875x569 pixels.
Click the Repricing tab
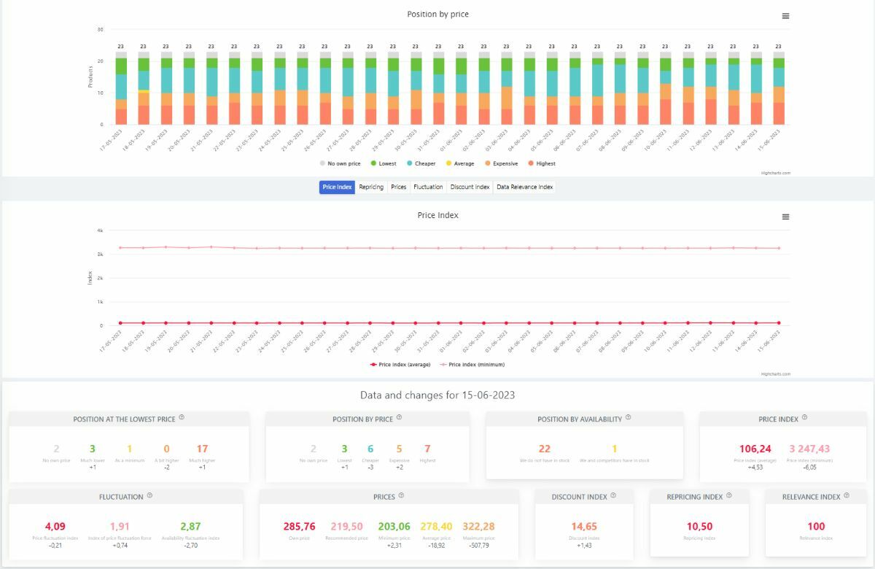pos(371,187)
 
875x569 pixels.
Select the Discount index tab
pos(470,187)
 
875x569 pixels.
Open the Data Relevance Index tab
pos(524,187)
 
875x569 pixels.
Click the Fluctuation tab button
pos(428,187)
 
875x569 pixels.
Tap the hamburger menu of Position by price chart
pos(785,16)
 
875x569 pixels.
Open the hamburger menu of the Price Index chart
pos(785,217)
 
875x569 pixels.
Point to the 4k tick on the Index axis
pos(100,231)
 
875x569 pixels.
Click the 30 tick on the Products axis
pos(100,30)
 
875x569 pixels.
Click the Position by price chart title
pos(438,14)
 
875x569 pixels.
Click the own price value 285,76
pos(299,526)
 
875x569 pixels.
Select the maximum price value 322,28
pos(478,526)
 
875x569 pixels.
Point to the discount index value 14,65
pos(584,526)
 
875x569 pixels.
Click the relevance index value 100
pos(816,526)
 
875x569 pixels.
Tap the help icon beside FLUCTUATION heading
pos(149,495)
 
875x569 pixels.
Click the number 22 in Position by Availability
pos(545,449)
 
